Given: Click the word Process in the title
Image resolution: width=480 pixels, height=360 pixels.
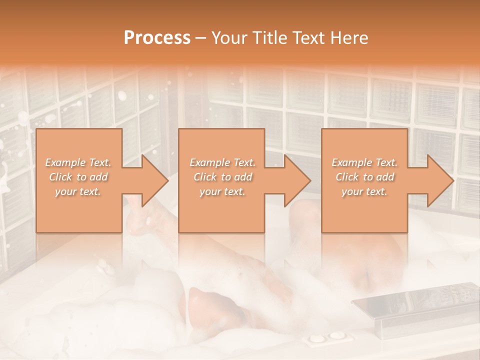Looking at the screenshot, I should click(157, 38).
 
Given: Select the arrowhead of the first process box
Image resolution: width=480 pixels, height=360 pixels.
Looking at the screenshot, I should click(152, 180).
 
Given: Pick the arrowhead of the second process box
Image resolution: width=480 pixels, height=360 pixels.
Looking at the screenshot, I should click(295, 180).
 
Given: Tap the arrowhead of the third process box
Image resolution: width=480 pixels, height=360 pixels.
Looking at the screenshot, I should click(438, 180).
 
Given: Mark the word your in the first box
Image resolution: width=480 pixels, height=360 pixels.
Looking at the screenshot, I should click(65, 191).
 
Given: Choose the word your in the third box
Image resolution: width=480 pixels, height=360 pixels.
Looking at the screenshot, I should click(351, 191).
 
